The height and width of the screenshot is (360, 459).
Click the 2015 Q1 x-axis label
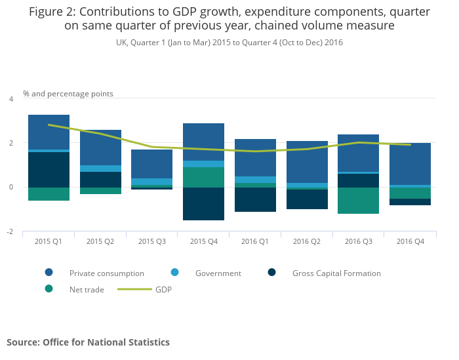coord(49,242)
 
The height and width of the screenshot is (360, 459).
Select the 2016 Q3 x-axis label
coord(359,242)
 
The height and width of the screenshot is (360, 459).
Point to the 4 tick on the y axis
coord(10,99)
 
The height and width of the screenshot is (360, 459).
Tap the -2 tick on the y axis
coord(10,232)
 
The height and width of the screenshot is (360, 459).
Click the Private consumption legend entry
coord(106,273)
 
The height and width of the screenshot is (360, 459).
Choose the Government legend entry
coord(218,273)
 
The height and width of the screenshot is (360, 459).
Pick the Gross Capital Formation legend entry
coord(336,273)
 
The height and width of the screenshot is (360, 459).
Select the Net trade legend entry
coord(86,289)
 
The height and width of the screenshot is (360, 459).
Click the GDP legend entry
coord(163,289)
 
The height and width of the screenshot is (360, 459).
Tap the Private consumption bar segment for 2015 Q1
coord(49,132)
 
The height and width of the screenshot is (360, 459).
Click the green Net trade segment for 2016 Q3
coord(359,201)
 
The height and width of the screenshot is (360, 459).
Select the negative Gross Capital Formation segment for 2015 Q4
coord(203,204)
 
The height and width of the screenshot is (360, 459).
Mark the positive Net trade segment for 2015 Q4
coord(203,177)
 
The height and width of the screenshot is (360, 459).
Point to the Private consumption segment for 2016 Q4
coord(410,164)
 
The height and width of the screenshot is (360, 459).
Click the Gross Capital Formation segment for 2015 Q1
coord(49,170)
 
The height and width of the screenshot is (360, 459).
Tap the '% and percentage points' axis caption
coord(68,94)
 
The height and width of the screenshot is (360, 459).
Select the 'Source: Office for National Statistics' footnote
coord(88,342)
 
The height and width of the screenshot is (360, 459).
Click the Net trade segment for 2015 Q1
coord(49,194)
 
